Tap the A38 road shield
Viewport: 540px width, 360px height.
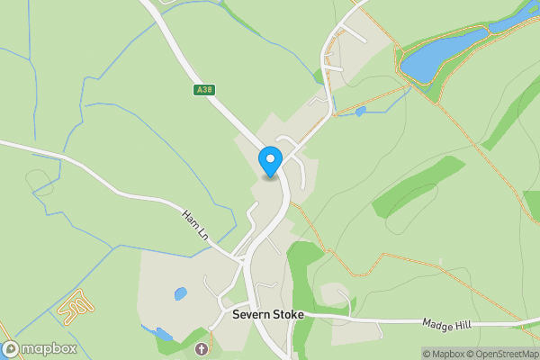204,90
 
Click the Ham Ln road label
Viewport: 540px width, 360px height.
195,223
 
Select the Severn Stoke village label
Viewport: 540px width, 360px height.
268,316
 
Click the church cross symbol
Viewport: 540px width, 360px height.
201,348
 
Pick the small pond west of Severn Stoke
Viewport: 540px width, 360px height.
180,293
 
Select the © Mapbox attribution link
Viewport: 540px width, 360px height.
442,354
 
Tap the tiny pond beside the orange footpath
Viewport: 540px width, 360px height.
361,112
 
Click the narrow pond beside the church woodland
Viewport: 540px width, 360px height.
163,335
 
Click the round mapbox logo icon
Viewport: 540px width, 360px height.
11,349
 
